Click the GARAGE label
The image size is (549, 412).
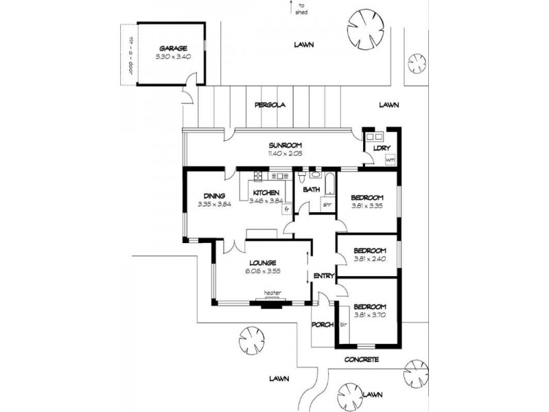[x=170, y=48]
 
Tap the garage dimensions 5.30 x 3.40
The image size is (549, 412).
[x=170, y=56]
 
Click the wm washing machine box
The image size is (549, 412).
[x=390, y=160]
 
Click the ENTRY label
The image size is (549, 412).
[x=323, y=276]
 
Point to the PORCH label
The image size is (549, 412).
[x=322, y=324]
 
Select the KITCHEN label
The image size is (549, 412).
[x=265, y=192]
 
